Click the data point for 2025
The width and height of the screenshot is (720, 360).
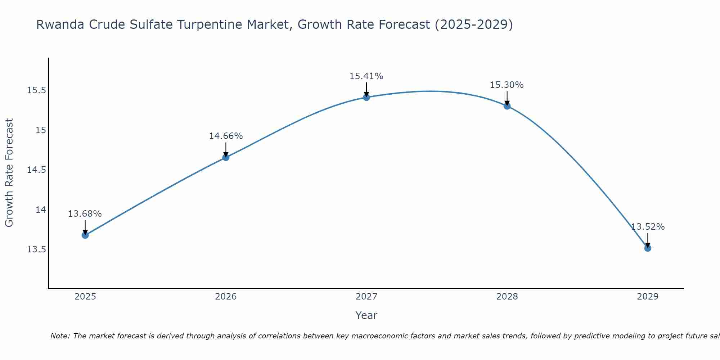coord(85,235)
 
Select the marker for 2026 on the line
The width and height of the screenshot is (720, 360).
coord(226,157)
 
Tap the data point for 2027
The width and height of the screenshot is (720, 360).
coord(366,97)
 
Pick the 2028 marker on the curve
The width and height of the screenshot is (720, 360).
coord(507,106)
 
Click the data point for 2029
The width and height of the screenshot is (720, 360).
coord(648,248)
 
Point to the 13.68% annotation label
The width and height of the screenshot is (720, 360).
coord(85,214)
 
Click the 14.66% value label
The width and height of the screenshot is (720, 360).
coord(226,136)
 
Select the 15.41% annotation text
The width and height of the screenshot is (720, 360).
coord(366,76)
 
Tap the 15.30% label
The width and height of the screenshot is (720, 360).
coord(507,85)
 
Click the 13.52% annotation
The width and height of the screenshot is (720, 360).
coord(648,227)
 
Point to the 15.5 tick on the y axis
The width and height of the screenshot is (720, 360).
coord(37,90)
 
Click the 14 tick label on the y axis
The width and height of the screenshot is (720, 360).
coord(41,210)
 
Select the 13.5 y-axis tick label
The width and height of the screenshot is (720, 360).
coord(37,249)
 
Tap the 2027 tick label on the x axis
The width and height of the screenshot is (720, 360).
coord(366,297)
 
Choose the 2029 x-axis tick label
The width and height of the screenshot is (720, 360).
coord(648,297)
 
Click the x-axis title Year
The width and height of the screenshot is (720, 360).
coord(366,315)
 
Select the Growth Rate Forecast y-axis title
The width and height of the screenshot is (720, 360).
coord(9,173)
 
